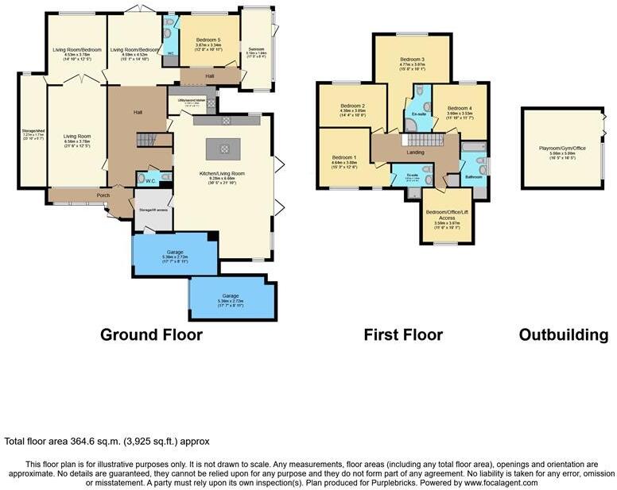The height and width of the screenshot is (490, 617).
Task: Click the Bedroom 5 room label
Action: (208, 40)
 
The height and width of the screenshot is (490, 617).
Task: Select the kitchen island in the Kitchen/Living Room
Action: (223, 149)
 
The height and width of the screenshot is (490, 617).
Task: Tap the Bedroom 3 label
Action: (412, 60)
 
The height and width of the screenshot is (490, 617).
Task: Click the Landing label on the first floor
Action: (414, 152)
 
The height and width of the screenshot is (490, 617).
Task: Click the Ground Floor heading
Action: (151, 335)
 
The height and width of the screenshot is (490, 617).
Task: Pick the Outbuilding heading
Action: (564, 335)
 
